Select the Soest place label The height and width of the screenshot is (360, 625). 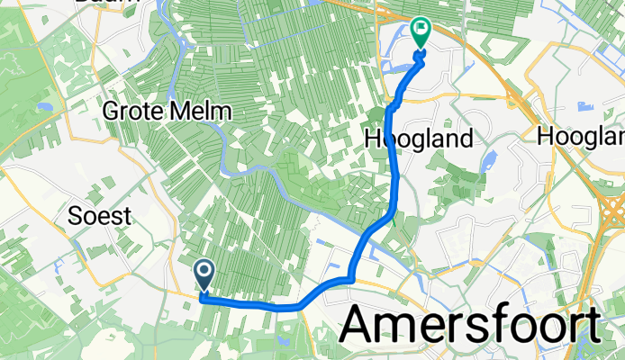pyautogui.click(x=100, y=216)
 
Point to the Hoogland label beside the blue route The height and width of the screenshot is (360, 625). pyautogui.click(x=419, y=139)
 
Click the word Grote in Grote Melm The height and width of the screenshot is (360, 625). pyautogui.click(x=137, y=112)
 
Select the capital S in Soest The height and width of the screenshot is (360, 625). pyautogui.click(x=76, y=216)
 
